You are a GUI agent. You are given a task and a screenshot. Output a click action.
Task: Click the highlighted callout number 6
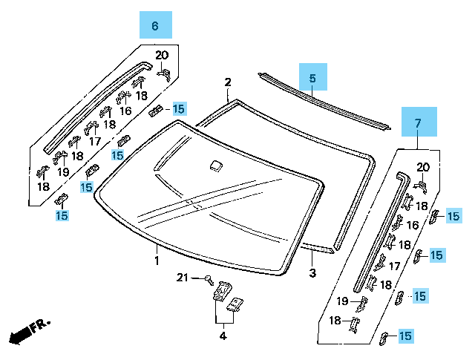pos(155,26)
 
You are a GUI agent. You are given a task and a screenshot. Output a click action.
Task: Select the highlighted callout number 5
pos(312,77)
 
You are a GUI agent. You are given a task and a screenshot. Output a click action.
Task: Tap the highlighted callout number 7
pos(417,122)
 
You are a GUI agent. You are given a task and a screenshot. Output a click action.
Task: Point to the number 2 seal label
pos(228,82)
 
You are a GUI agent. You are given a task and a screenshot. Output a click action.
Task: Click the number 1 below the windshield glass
pos(157,261)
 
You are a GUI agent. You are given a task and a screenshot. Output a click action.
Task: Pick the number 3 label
pos(312,274)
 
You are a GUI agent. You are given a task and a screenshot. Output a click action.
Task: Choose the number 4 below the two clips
pos(222,337)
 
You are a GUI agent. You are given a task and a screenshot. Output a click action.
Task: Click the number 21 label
pos(183,278)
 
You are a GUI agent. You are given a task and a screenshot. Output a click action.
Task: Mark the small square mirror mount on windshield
pos(214,166)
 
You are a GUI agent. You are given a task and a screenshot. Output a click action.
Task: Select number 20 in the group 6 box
pos(162,55)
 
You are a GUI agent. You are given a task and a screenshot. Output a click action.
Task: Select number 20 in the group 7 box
pos(422,167)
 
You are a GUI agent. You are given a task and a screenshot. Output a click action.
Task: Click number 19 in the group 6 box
pos(63,171)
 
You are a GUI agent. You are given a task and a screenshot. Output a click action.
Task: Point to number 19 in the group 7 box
pos(342,301)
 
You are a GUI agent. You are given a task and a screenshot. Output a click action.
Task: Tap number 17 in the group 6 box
pos(94,141)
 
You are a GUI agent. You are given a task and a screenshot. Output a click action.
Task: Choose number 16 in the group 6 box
pos(125,111)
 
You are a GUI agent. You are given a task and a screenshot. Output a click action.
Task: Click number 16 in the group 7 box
pos(413,225)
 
